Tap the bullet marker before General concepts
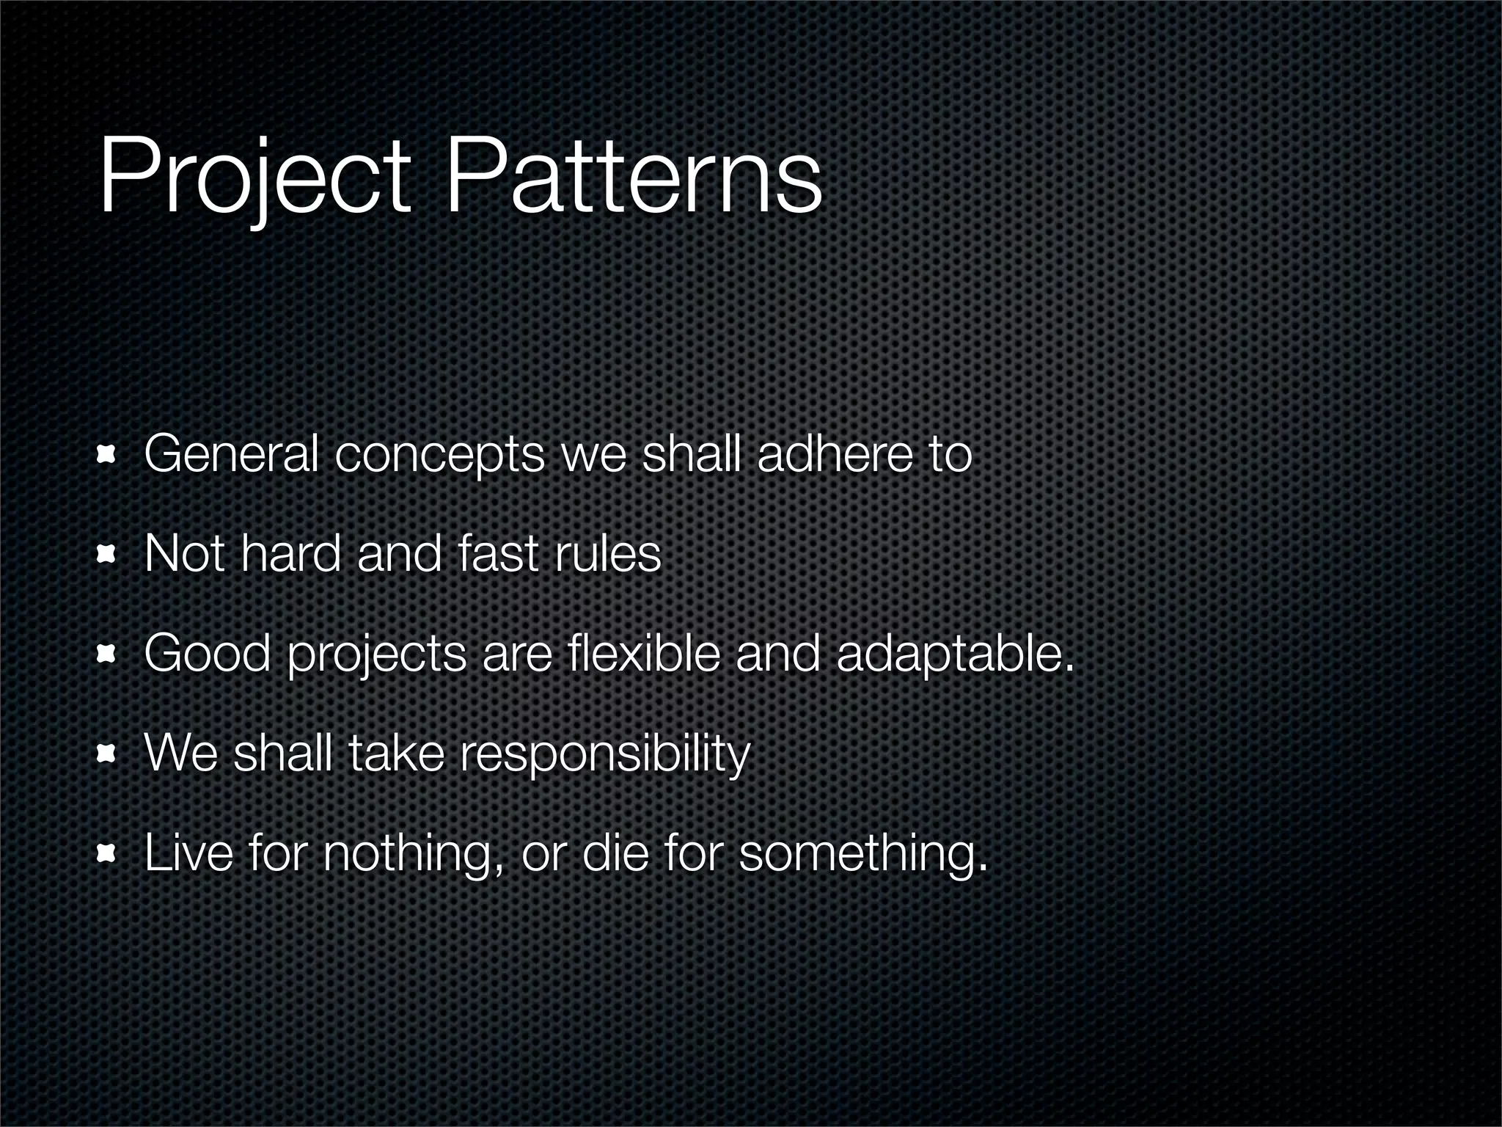108,456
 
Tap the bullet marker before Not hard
108,555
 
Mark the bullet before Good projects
108,654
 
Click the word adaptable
954,654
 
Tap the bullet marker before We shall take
108,754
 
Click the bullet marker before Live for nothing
108,853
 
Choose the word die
615,853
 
